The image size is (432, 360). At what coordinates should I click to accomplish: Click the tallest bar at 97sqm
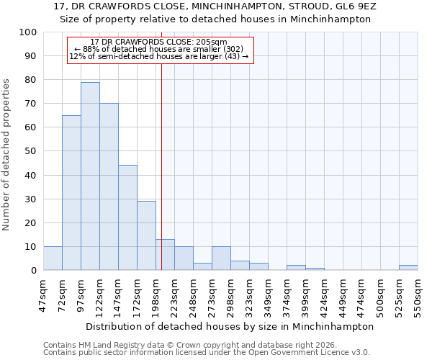tap(90, 176)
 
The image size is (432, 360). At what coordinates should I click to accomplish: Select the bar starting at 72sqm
tap(71, 193)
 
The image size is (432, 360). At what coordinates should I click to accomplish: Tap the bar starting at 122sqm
tap(109, 187)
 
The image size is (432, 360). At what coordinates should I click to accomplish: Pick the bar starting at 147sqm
tap(127, 217)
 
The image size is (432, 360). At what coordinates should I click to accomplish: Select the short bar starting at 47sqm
tap(53, 258)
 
